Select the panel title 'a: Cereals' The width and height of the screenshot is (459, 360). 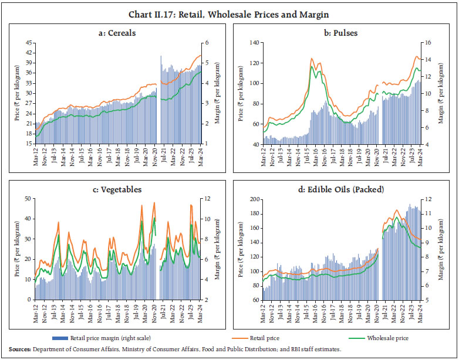pos(118,33)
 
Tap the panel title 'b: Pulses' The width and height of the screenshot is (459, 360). pos(345,33)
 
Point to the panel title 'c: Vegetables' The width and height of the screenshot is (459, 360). pos(118,189)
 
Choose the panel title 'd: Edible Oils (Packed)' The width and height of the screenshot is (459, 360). pos(345,189)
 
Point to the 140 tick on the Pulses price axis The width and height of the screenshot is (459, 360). pos(254,43)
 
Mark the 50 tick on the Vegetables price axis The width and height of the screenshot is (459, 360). pos(28,199)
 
